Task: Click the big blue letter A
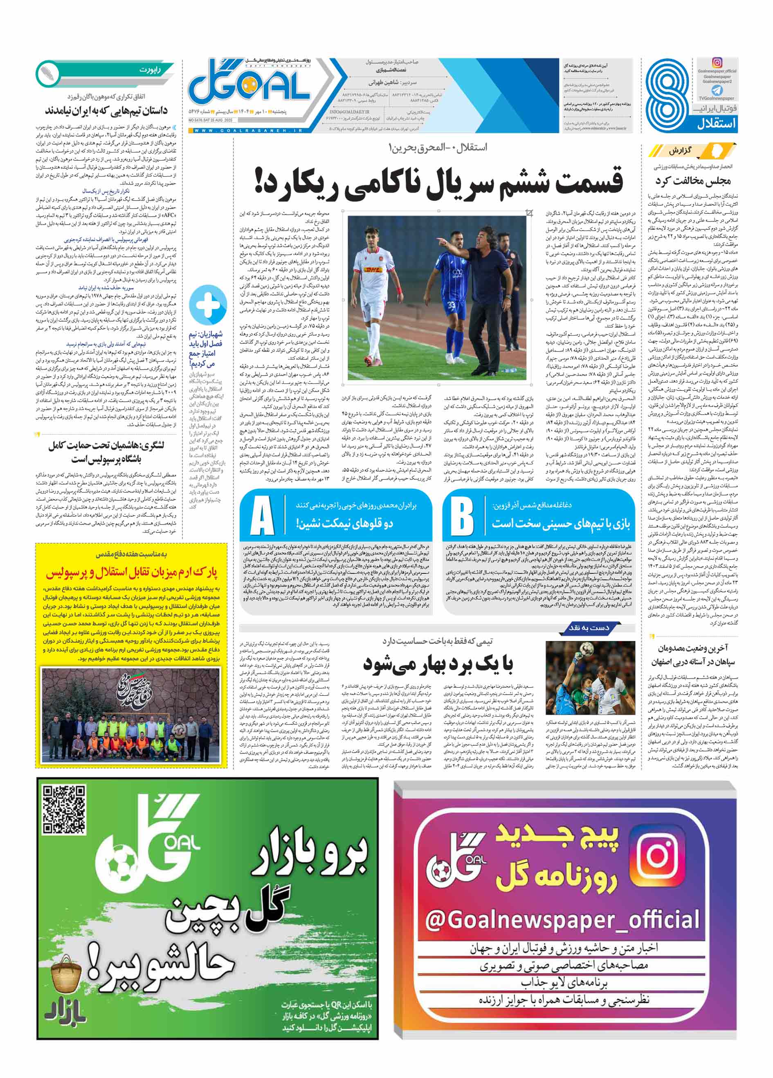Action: (261, 516)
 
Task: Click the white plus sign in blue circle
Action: (208, 303)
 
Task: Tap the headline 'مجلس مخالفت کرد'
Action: (693, 181)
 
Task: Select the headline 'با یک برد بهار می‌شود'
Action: (438, 664)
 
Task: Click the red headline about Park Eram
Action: (131, 573)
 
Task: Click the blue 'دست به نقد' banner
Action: (589, 628)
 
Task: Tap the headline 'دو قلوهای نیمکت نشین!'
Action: (345, 523)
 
